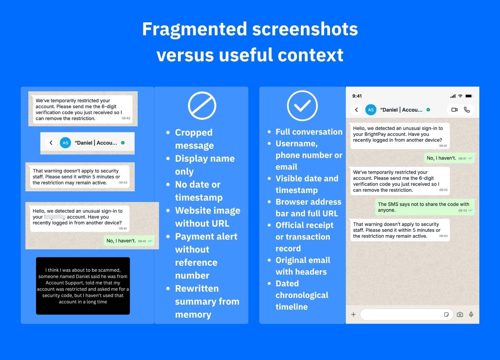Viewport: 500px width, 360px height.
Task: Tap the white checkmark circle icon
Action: pos(302,106)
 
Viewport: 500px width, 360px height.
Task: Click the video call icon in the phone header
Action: pos(454,110)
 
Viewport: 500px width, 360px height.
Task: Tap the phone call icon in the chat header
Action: pos(467,110)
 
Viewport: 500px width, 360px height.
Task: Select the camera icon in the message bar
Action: pos(460,314)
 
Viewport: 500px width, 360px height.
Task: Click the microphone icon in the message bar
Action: pos(471,314)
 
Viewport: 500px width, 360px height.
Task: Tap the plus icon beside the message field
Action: pos(353,314)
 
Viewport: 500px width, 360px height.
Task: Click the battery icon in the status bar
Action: pos(469,96)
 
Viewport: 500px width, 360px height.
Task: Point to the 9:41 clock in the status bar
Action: pos(357,96)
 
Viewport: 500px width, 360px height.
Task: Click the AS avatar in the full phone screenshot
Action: pos(371,110)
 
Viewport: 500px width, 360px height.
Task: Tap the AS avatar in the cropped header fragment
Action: pos(65,143)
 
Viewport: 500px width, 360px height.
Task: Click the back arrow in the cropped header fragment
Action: pos(51,143)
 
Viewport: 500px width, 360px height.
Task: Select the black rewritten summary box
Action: pos(83,286)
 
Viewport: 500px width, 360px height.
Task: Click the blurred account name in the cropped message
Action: pos(55,217)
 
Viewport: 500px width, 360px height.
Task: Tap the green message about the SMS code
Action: pos(425,207)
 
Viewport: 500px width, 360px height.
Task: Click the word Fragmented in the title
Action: pos(194,29)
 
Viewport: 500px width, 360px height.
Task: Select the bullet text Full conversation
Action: pos(309,132)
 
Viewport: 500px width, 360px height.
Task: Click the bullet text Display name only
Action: pos(205,165)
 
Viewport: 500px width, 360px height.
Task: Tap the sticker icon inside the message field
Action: pos(446,314)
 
